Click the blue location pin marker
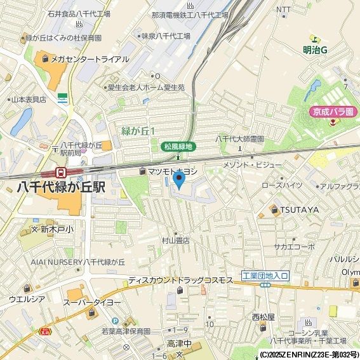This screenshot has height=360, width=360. [179, 180]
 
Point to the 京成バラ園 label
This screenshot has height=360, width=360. [332, 111]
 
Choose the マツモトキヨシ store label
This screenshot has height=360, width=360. [173, 171]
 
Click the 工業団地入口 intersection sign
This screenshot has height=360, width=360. [265, 276]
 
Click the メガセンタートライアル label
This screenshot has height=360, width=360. [85, 60]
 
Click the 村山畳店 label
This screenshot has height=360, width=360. [175, 241]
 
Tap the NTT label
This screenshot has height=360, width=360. [284, 10]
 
